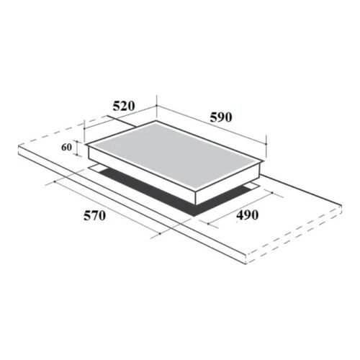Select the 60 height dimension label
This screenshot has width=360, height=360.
66,148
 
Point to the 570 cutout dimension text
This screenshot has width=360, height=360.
94,216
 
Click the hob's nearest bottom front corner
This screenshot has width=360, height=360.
194,204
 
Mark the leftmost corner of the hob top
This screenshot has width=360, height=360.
86,145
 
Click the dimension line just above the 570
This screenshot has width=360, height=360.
108,205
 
